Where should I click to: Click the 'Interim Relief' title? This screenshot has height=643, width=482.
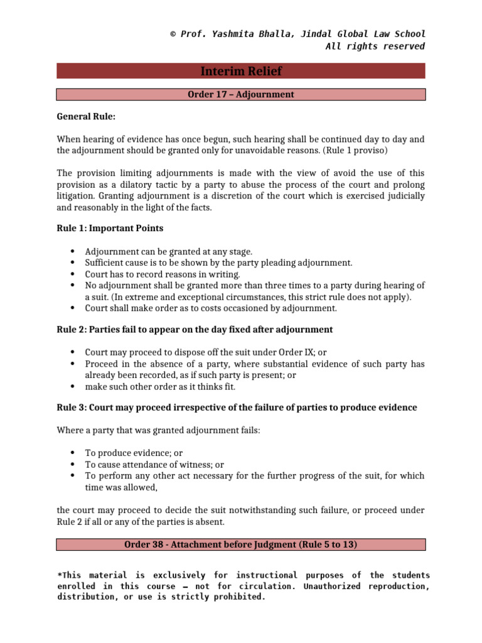click(241, 71)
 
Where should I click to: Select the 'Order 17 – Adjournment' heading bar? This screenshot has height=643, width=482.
click(241, 95)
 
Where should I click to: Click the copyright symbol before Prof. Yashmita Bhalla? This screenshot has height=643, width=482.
click(173, 34)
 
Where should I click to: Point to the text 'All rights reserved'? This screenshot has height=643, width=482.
click(375, 46)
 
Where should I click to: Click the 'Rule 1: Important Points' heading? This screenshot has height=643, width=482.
click(110, 228)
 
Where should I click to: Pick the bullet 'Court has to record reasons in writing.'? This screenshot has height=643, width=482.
click(163, 274)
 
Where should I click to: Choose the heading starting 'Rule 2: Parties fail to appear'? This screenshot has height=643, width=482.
click(195, 329)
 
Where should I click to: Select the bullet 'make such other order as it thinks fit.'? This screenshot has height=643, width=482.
click(160, 386)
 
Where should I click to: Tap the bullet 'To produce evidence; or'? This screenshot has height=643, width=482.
click(134, 453)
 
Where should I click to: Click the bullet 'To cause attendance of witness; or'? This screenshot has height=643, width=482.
click(154, 465)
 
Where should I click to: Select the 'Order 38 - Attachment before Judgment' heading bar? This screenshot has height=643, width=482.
click(241, 544)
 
